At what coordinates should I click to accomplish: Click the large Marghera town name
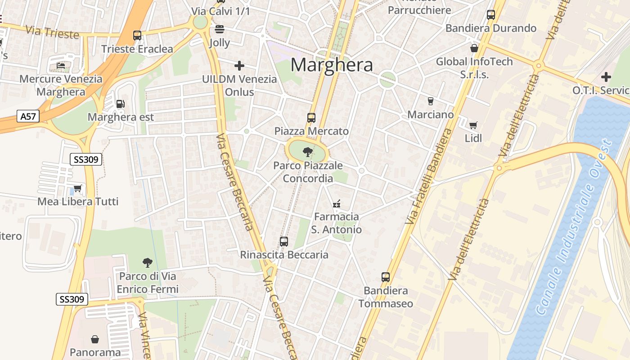332,65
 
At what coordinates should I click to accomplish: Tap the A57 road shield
28,117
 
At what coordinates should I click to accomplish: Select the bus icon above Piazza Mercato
311,118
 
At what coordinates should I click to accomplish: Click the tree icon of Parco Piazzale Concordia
308,152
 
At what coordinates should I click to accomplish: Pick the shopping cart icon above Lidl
473,125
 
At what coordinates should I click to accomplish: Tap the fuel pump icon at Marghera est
120,103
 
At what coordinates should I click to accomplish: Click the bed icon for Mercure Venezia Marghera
61,66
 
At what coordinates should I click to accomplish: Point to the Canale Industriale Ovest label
575,227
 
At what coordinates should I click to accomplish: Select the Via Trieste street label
52,32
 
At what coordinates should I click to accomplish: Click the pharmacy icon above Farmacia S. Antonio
336,204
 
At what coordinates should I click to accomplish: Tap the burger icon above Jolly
220,30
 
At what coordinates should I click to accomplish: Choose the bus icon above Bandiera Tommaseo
386,277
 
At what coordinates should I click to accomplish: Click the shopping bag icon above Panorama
95,339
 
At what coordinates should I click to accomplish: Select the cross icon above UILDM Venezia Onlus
239,66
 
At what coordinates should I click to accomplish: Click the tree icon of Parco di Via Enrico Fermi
147,262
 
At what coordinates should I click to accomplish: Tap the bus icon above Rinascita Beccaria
284,242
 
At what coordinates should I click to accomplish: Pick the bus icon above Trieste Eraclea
137,35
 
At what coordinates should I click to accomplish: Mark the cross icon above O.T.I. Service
606,77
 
